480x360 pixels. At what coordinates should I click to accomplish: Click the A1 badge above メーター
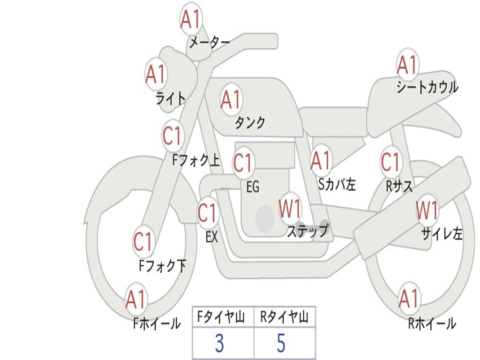point(191,20)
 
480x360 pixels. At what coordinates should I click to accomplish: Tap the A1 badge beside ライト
point(156,74)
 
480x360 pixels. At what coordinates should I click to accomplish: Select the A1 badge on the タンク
point(231,99)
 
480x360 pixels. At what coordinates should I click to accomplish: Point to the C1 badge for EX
point(208,214)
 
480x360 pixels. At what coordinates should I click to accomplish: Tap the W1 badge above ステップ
point(290,209)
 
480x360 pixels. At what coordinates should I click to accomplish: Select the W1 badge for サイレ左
point(427,210)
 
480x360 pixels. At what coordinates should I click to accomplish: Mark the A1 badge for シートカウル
point(407,65)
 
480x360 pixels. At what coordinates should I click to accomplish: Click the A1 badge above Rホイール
point(409,299)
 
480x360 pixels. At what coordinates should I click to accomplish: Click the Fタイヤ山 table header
point(223,318)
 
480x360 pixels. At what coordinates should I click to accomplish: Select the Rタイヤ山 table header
point(284,318)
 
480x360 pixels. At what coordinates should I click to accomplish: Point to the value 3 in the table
point(219,344)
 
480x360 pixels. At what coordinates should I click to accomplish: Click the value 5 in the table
point(281,344)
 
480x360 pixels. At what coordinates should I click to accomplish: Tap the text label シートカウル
point(427,88)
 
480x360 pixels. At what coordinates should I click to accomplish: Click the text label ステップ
point(307,231)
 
